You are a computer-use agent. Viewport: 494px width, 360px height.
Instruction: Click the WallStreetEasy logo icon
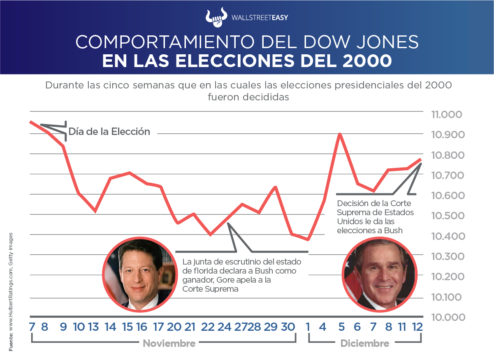(216, 17)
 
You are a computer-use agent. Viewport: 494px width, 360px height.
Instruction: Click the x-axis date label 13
(93, 327)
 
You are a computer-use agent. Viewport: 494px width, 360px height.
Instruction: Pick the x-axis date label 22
(208, 327)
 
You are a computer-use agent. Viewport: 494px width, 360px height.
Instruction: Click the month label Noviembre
(169, 344)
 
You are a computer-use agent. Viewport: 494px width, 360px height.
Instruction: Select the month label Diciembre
(365, 344)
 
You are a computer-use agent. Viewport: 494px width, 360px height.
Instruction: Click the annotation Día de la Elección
(109, 132)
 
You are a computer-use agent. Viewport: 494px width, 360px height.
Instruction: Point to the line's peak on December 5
(340, 134)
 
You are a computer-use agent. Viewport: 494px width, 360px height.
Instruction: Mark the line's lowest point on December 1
(308, 239)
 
